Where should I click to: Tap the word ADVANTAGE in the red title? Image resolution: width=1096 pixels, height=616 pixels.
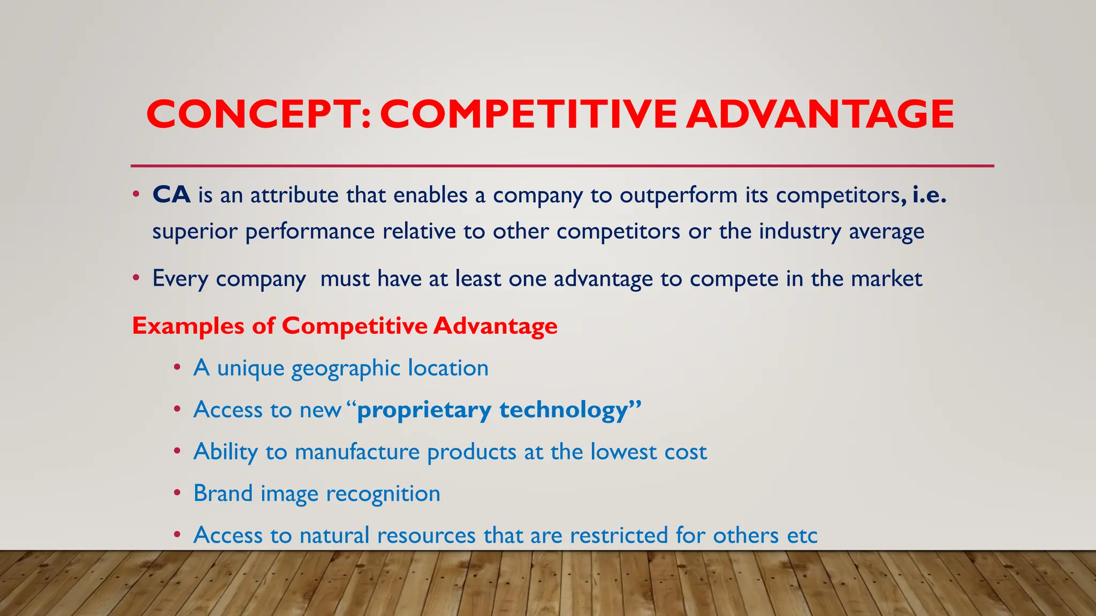tap(820, 114)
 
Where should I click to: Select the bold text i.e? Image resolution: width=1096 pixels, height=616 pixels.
tap(930, 195)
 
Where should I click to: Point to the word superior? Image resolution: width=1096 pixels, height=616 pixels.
tap(195, 232)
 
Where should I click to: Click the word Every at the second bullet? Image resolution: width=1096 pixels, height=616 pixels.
tap(180, 279)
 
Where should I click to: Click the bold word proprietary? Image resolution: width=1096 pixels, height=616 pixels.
tap(424, 411)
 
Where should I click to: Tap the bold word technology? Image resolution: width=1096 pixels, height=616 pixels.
tap(563, 411)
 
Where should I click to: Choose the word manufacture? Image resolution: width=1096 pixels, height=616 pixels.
tap(357, 452)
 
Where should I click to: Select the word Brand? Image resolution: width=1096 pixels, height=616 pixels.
tap(223, 494)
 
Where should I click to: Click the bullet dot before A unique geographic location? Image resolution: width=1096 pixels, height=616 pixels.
tap(177, 368)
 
